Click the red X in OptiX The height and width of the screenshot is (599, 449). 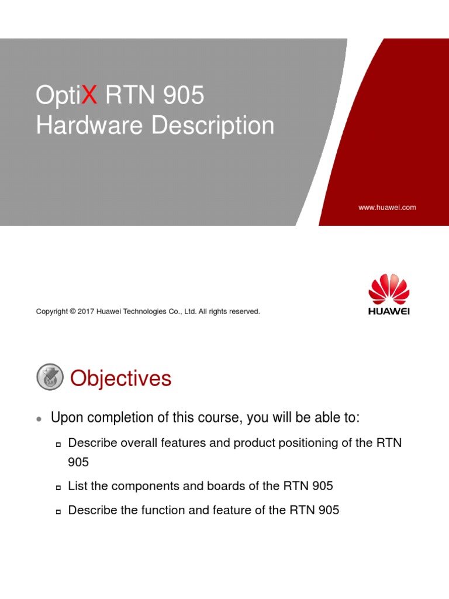pos(88,95)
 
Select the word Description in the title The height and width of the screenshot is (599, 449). pos(213,125)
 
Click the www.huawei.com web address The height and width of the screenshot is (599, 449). pos(387,207)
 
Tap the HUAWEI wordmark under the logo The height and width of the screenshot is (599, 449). pos(389,311)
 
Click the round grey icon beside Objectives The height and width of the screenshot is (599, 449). pos(50,377)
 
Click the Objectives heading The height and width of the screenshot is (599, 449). pos(121,378)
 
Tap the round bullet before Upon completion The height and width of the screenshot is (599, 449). pos(39,419)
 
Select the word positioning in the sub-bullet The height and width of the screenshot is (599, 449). pos(264,443)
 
